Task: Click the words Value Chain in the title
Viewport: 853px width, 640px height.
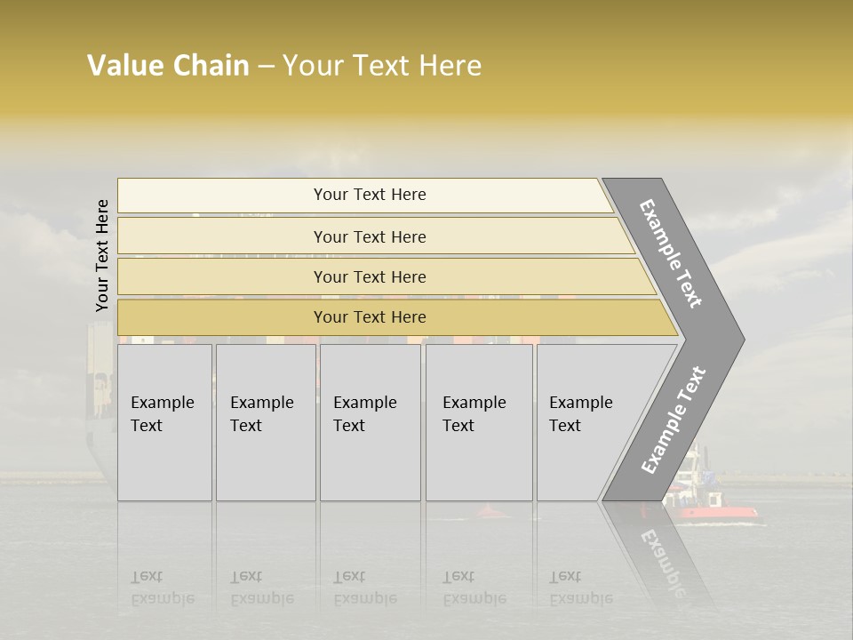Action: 168,66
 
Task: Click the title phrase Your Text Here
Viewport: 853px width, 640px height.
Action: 381,66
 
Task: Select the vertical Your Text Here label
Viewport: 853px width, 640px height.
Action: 102,255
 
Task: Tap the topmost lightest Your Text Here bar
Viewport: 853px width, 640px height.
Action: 369,195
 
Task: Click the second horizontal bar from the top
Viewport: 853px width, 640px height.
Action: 369,236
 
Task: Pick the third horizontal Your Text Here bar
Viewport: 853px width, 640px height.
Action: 369,277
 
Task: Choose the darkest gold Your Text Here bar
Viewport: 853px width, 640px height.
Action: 369,317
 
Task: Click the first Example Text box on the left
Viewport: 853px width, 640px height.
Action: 164,422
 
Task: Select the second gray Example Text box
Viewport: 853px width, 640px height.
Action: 265,422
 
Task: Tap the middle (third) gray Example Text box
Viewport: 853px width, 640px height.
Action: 369,422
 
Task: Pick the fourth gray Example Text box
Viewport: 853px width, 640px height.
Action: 478,422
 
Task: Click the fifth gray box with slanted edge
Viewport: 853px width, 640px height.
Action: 586,422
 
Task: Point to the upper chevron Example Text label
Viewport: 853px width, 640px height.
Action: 671,253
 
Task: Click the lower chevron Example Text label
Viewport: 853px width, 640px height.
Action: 673,420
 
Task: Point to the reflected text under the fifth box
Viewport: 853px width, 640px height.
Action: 579,588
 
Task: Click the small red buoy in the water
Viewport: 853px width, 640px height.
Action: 488,511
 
